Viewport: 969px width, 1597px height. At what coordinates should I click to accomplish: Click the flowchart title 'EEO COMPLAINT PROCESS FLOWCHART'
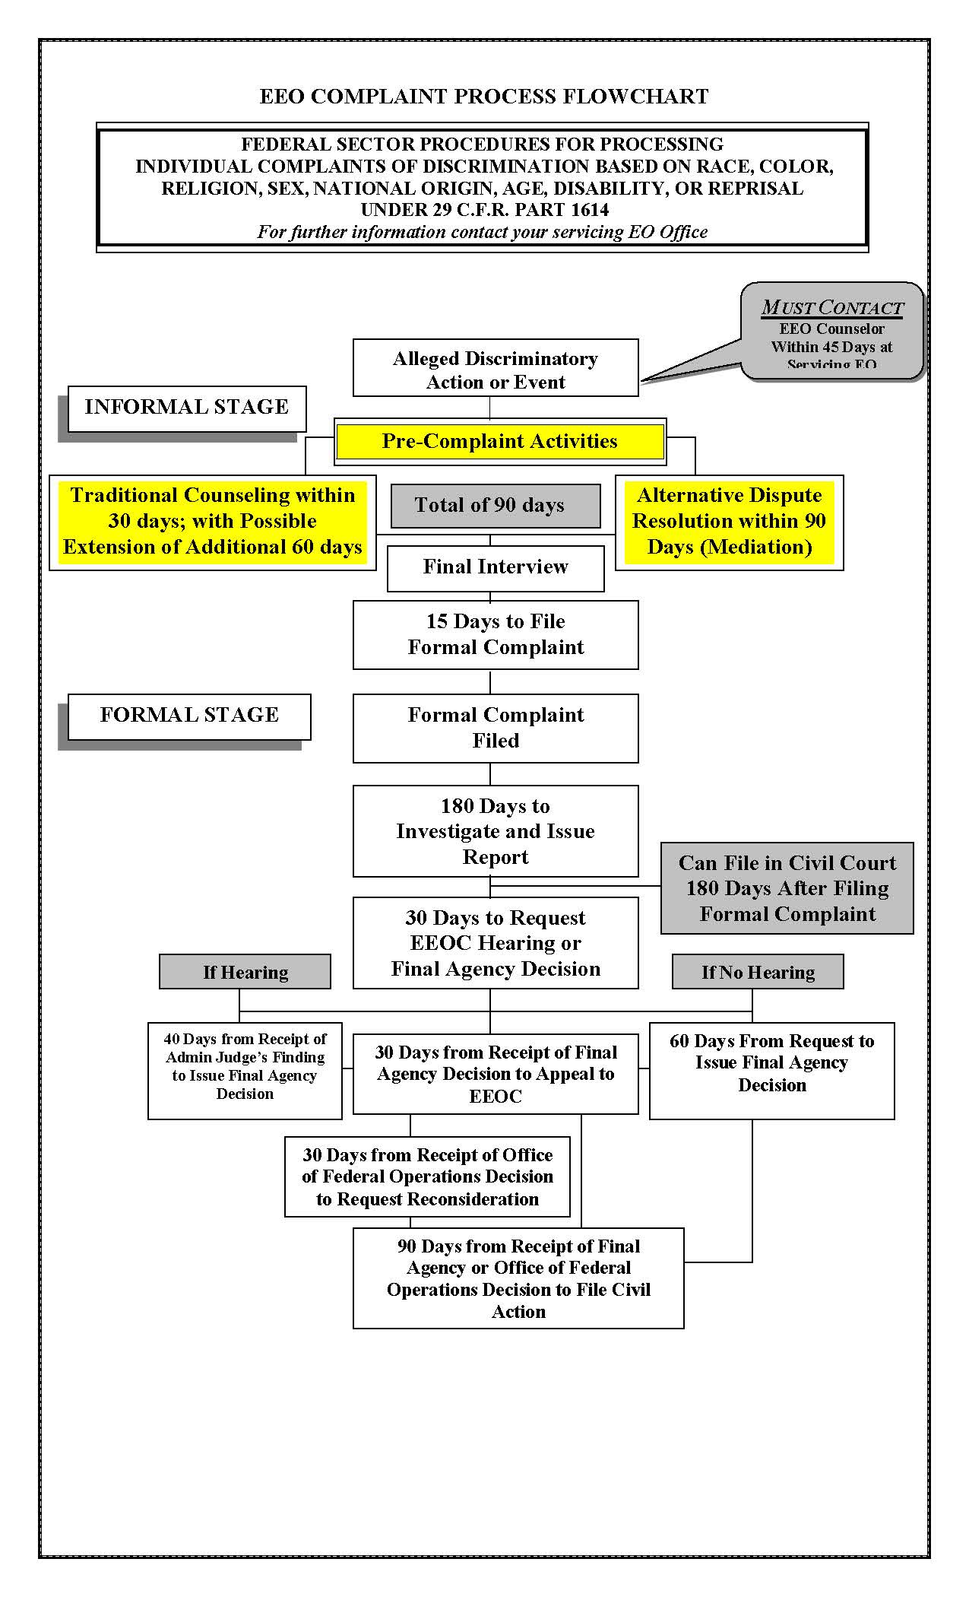484,97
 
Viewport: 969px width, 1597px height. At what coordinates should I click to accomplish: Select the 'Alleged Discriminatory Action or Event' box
496,370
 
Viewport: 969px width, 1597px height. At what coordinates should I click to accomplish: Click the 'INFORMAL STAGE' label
187,408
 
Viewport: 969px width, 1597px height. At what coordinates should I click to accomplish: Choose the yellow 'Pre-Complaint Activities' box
499,442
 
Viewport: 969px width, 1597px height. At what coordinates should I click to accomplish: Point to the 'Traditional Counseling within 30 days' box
213,522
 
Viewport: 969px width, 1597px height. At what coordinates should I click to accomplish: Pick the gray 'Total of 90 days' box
489,506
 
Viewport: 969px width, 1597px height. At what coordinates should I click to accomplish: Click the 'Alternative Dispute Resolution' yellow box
729,522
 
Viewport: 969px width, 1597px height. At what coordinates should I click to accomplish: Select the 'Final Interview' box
496,567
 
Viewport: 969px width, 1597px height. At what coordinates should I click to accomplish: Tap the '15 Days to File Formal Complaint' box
496,634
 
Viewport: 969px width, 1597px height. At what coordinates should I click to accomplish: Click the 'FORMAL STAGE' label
189,716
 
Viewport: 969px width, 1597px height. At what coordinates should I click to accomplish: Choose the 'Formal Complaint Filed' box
496,728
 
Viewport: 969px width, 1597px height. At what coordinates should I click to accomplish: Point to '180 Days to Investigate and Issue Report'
496,831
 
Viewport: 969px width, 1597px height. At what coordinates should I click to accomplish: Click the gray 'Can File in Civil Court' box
787,888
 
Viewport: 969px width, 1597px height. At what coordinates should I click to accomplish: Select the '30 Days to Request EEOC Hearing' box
496,943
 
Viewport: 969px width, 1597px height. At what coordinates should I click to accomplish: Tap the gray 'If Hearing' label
245,972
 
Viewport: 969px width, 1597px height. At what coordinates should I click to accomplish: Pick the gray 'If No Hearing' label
758,972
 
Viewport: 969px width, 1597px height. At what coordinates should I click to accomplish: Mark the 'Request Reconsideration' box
427,1176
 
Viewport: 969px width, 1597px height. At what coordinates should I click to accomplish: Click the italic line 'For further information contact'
482,232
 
